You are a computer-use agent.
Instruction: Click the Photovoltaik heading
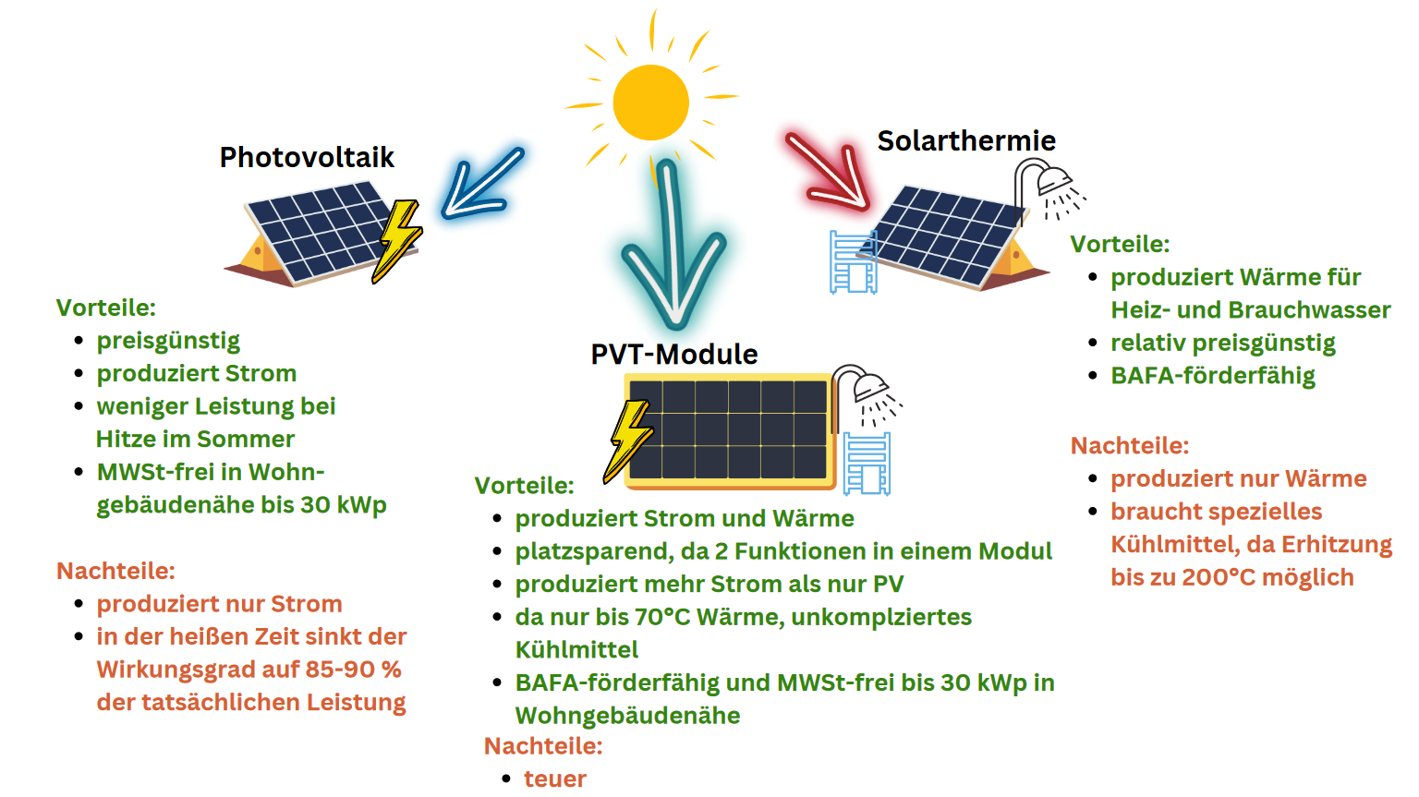307,158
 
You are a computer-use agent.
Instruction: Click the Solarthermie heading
966,141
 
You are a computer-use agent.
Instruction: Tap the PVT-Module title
674,355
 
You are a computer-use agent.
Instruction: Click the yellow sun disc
650,103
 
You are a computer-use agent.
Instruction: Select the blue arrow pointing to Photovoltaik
481,184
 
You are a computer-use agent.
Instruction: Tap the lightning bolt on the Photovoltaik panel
396,241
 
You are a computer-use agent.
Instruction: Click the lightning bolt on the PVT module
627,441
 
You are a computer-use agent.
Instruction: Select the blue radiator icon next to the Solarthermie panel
854,262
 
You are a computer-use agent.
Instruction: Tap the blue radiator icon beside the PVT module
866,464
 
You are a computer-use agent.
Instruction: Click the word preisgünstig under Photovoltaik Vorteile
168,342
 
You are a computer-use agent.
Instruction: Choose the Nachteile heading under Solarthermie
1130,446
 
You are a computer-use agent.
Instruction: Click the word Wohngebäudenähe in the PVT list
628,716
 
